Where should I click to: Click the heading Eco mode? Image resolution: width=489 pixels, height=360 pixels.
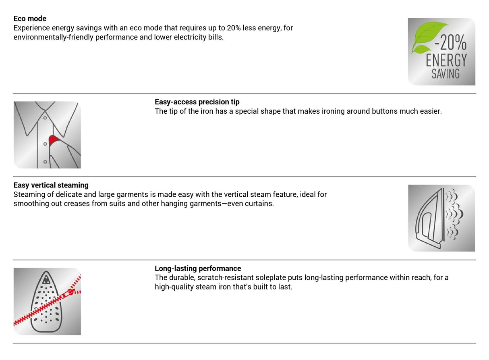(30, 19)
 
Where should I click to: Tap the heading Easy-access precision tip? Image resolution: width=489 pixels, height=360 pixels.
(197, 102)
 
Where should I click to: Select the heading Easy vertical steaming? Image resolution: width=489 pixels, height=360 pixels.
(51, 185)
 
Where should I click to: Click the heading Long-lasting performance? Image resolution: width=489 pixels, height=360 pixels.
(198, 268)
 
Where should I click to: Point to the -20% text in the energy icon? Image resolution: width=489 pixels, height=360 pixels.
(451, 42)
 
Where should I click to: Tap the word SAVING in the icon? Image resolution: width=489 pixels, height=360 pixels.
(445, 74)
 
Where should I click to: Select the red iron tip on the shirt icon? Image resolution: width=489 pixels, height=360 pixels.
(53, 140)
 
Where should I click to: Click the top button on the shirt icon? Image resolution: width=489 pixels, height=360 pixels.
(45, 118)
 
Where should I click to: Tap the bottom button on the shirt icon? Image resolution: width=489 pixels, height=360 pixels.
(45, 162)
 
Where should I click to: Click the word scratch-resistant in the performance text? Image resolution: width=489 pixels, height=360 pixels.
(225, 277)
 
